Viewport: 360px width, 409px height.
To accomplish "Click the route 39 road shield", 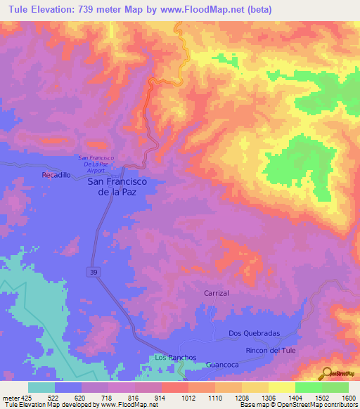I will point(93,271).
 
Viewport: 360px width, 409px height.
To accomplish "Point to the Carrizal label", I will point(217,292).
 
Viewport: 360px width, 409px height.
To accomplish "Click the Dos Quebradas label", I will point(255,333).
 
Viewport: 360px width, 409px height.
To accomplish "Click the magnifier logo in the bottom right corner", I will point(326,373).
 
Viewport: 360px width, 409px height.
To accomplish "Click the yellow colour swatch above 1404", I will point(281,387).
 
